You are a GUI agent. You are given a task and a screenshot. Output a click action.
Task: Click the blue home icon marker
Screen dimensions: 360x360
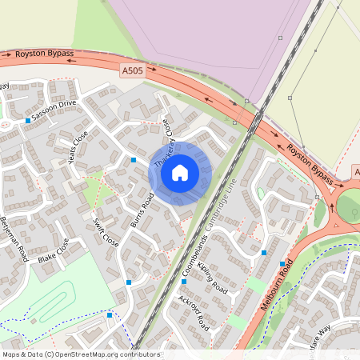click(x=180, y=173)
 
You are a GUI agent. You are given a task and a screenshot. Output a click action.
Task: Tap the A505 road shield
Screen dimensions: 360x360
click(x=132, y=71)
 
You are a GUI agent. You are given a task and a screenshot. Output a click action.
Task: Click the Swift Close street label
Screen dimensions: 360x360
click(x=106, y=232)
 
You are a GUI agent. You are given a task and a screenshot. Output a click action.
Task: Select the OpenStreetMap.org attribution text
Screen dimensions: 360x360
click(x=80, y=354)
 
